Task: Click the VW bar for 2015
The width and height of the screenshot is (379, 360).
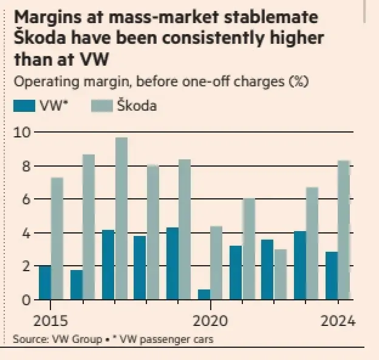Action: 45,283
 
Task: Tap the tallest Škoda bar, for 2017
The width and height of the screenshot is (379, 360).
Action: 121,219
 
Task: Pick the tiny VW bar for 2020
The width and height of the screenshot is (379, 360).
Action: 204,295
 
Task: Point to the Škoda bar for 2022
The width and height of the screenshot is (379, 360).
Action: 280,274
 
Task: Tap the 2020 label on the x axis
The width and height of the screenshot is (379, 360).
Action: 210,320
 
